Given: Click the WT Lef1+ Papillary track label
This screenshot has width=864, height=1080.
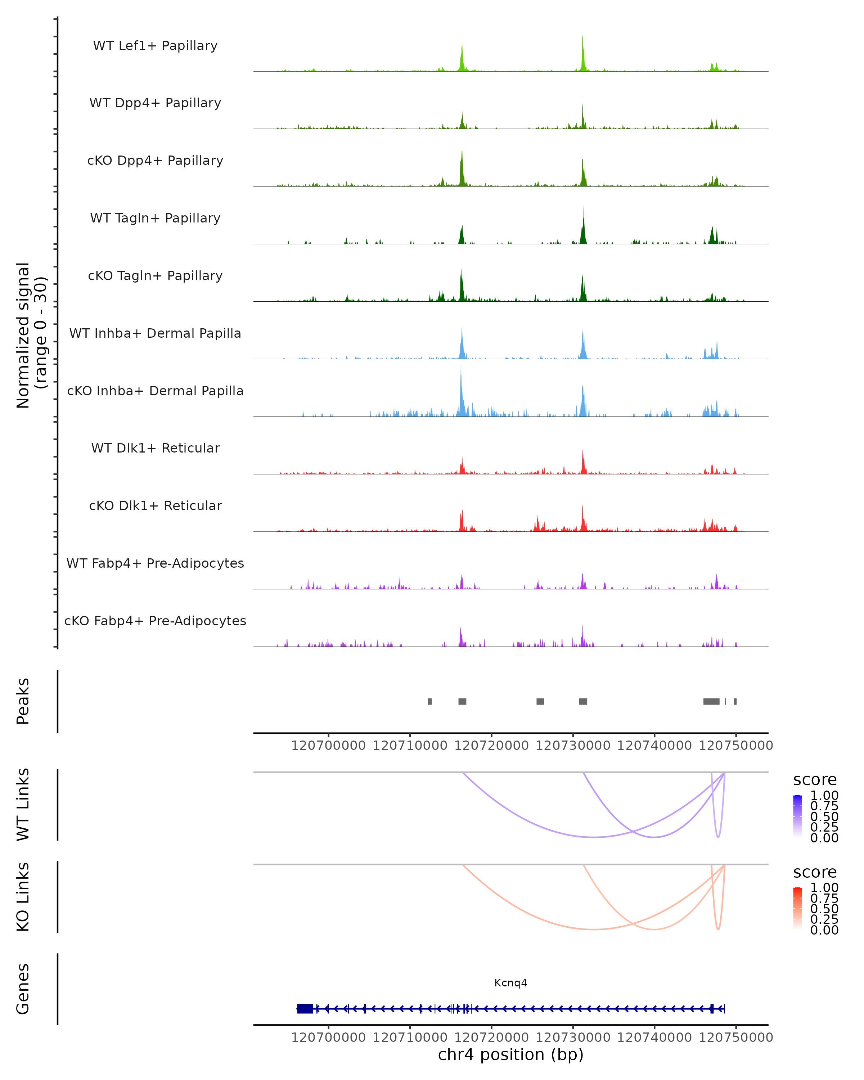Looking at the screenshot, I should tap(155, 46).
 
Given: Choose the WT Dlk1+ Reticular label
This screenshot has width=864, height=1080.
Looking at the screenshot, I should tap(155, 448).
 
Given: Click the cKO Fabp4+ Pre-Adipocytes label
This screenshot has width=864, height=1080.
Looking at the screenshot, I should tap(155, 621).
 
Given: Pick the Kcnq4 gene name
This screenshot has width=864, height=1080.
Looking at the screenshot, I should tap(510, 982).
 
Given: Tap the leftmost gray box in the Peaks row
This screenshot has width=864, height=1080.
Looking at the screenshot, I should tap(430, 701).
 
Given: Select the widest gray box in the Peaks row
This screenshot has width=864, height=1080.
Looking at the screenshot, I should tap(711, 701).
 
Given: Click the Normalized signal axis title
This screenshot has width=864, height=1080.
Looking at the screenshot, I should tap(31, 335).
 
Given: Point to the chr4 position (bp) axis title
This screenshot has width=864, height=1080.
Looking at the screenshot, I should tap(510, 1054).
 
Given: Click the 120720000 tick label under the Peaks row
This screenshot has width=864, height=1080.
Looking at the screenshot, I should tap(491, 746).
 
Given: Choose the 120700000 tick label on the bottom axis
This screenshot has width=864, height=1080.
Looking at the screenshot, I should tap(329, 1037).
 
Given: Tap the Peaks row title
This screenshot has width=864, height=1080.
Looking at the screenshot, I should tap(23, 701).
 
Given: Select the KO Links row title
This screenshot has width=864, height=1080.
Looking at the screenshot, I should tap(23, 897).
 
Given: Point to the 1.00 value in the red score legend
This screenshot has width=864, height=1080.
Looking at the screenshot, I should tap(824, 887).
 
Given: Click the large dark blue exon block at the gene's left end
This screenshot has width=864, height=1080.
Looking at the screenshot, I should tap(305, 1008).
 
